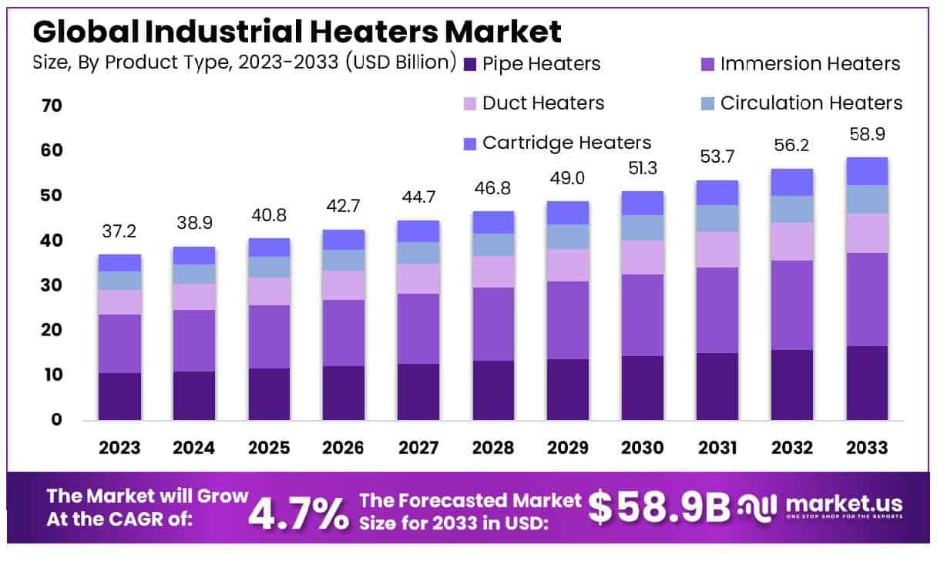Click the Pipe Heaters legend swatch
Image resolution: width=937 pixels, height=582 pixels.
click(x=470, y=64)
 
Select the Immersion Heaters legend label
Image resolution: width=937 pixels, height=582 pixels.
click(x=810, y=63)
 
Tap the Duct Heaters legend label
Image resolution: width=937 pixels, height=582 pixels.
click(x=543, y=103)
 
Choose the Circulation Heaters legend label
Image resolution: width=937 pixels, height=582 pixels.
click(x=811, y=103)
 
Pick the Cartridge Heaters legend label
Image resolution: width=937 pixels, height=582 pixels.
click(x=566, y=143)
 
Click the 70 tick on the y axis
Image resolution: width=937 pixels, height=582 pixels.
click(x=51, y=106)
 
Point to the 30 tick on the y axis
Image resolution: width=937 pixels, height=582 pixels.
click(x=51, y=286)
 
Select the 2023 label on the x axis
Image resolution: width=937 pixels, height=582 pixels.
click(x=119, y=448)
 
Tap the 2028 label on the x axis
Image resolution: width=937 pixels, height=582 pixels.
click(x=493, y=448)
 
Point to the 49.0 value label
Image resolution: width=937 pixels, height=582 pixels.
click(x=568, y=179)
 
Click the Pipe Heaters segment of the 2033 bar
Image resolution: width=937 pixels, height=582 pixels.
click(x=867, y=383)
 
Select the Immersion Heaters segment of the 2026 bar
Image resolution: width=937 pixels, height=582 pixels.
click(x=344, y=333)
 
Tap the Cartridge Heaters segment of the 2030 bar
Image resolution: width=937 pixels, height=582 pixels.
click(x=643, y=203)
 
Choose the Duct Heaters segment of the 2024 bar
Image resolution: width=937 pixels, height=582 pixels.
click(x=194, y=297)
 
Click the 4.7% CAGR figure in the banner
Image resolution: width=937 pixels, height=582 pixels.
click(x=297, y=513)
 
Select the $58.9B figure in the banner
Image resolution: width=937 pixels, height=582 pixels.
click(x=659, y=506)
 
